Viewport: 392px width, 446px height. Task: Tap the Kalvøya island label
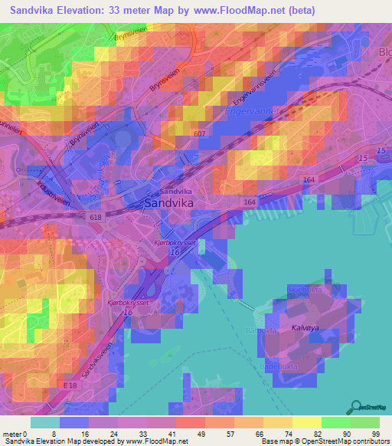(x=305, y=327)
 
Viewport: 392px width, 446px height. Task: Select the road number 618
(x=95, y=218)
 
